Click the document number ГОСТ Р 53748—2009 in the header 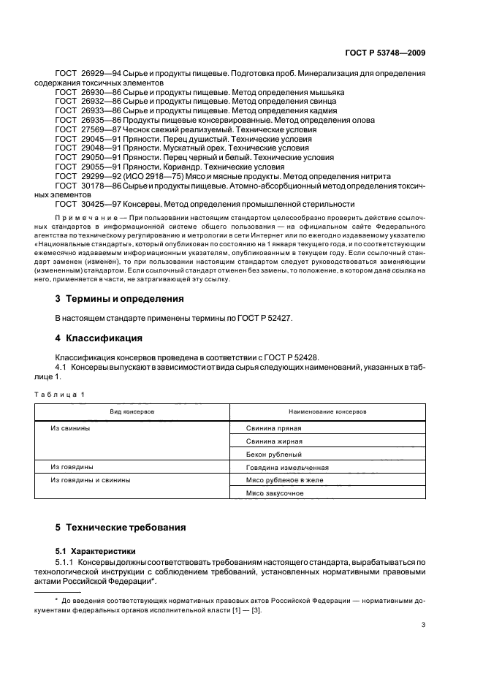click(x=386, y=53)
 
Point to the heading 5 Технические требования click(x=121, y=527)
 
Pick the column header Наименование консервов click(x=327, y=412)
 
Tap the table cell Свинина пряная click(x=273, y=428)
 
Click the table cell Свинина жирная click(x=274, y=441)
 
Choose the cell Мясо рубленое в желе click(x=284, y=480)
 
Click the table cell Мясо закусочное click(x=275, y=493)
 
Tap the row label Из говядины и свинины click(x=91, y=480)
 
